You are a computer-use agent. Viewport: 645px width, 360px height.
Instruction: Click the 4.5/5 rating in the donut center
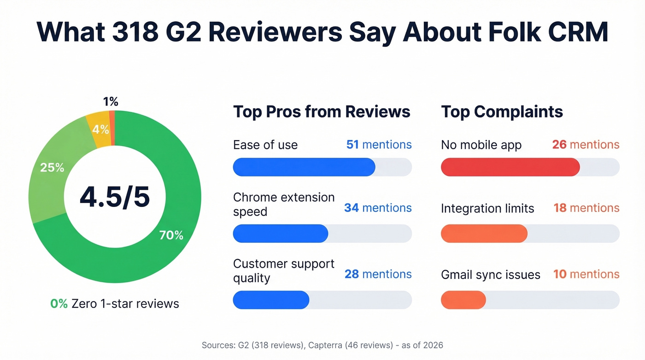(x=115, y=197)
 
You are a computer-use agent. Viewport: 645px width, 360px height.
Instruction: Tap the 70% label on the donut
(x=171, y=235)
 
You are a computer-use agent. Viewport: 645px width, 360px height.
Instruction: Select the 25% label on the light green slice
(x=52, y=167)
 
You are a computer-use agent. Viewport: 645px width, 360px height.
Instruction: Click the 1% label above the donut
(x=111, y=102)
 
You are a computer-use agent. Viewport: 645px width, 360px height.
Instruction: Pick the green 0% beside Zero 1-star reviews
(x=59, y=304)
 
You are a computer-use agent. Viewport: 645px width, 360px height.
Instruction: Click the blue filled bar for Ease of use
(x=304, y=167)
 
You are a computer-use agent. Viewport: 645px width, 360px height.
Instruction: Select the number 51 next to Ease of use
(x=352, y=145)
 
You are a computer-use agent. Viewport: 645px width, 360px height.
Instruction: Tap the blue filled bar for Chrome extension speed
(x=280, y=233)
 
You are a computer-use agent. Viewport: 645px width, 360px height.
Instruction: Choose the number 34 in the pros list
(x=351, y=208)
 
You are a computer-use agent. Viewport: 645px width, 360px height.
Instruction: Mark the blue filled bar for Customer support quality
(x=271, y=300)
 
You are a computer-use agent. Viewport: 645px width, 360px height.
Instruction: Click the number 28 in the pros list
(x=352, y=274)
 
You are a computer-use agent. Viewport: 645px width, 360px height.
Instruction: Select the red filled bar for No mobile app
(x=510, y=167)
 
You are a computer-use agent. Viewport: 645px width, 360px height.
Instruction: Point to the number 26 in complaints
(x=559, y=145)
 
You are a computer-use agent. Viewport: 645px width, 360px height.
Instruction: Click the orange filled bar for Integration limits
(x=484, y=233)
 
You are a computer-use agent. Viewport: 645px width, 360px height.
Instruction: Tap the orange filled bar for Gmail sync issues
(x=463, y=300)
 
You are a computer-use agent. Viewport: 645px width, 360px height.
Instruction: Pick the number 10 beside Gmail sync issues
(x=560, y=274)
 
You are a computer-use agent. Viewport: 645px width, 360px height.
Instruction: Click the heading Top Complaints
(x=502, y=112)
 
